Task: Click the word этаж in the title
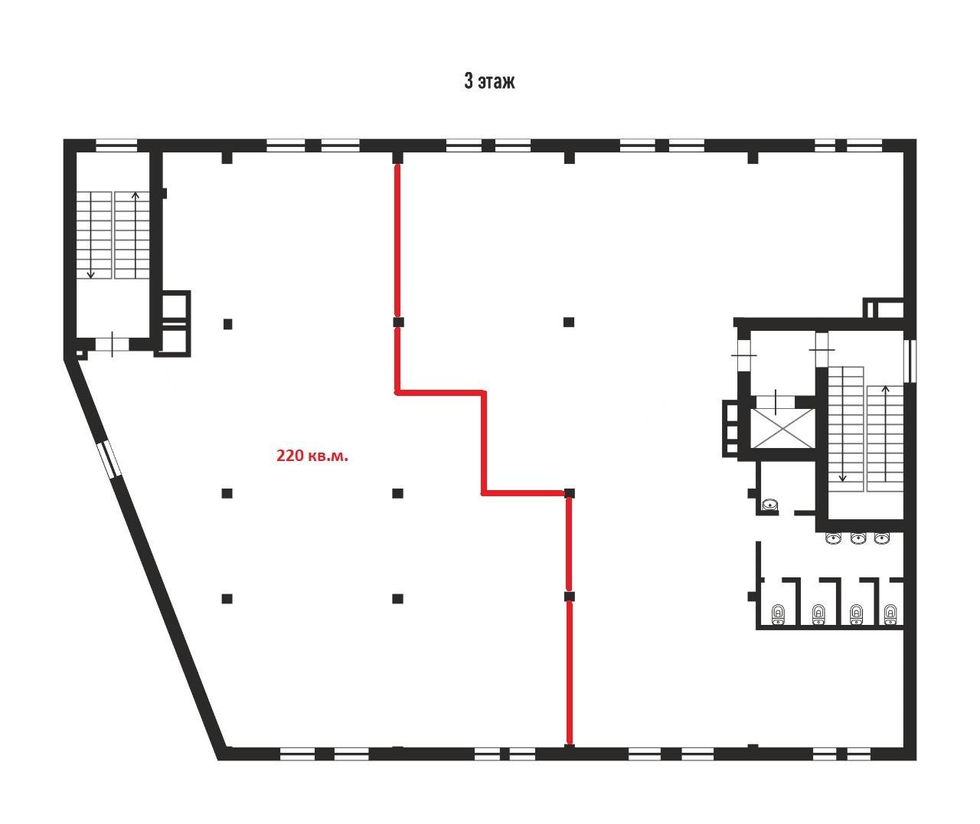496,82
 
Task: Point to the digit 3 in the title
469,80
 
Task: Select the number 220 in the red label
289,456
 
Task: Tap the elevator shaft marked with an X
783,428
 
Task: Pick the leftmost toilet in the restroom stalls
779,614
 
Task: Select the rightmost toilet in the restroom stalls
890,614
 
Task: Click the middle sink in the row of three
858,538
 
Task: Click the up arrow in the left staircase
136,235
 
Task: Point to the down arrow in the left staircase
90,235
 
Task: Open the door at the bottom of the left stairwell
113,344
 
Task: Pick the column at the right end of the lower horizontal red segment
570,493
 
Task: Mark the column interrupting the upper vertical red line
398,322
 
